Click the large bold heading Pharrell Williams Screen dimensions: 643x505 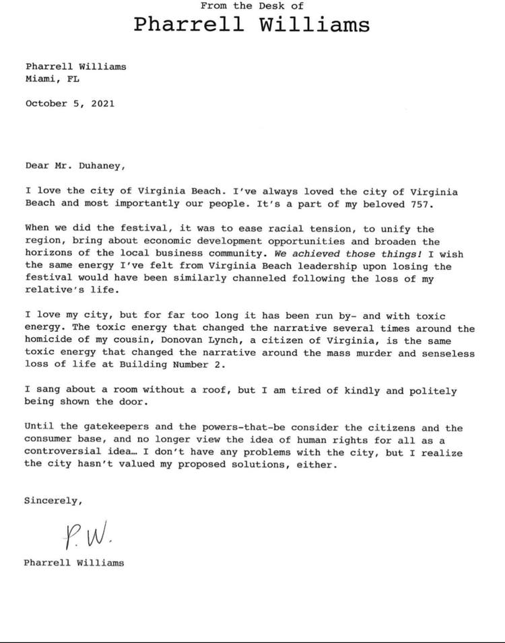click(252, 25)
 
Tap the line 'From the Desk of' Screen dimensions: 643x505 click(252, 5)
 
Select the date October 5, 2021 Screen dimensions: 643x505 click(69, 104)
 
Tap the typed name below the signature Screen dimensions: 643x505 click(74, 562)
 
